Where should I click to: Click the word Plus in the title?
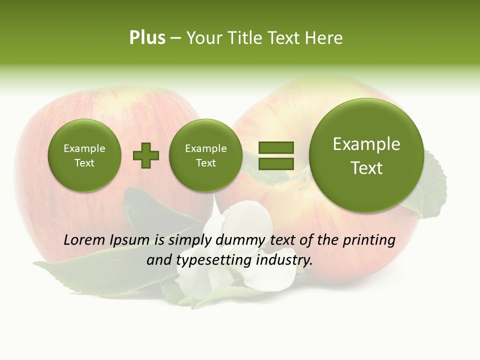[x=147, y=38]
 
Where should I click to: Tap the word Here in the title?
[x=325, y=38]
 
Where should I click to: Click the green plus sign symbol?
[x=146, y=155]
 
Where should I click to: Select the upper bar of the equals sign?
[x=276, y=147]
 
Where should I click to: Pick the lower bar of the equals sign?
[x=276, y=163]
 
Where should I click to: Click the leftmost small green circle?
[x=84, y=155]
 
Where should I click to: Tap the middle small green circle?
[x=205, y=155]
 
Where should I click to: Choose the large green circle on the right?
[x=366, y=155]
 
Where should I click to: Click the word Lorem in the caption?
[x=84, y=240]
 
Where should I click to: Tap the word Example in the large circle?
[x=366, y=144]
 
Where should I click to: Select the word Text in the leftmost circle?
[x=84, y=163]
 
